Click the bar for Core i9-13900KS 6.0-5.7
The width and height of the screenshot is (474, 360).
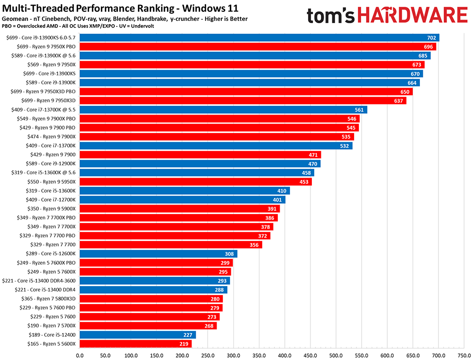pos(258,37)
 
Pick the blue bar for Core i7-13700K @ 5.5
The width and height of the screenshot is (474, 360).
pos(223,109)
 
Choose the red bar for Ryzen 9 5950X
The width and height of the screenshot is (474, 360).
pos(195,181)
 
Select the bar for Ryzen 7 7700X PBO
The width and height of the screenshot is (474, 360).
pos(178,218)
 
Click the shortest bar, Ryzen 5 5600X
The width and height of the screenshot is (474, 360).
pos(136,344)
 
